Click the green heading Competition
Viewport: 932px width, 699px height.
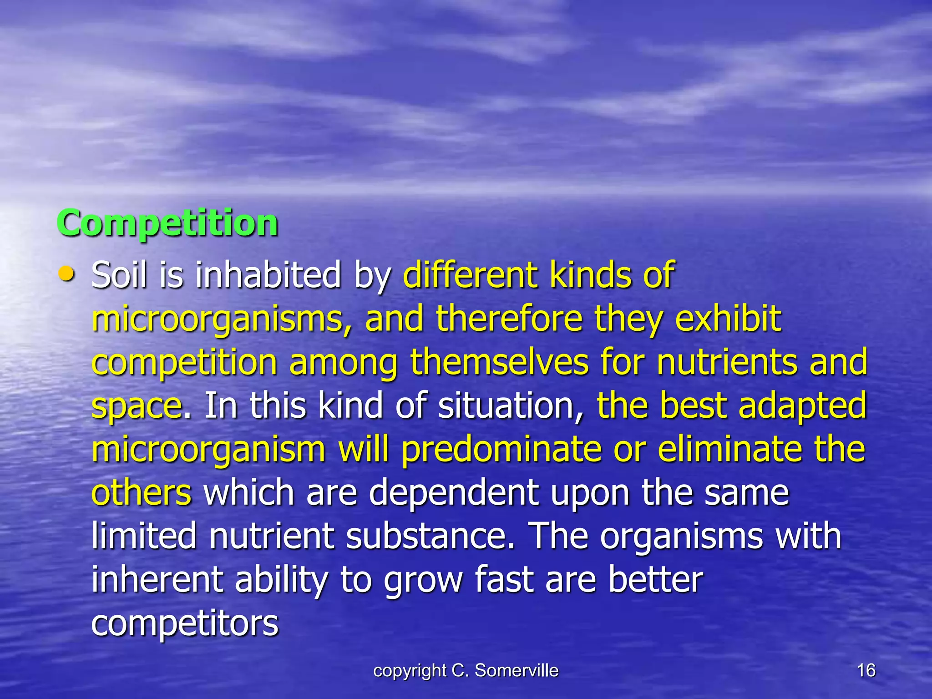[x=167, y=223]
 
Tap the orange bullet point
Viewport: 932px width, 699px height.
[x=66, y=274]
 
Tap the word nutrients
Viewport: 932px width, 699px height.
[x=727, y=362]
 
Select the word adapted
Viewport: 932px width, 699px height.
[x=802, y=405]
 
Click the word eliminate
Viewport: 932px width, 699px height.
[x=729, y=449]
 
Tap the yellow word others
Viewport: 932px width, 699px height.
[x=142, y=493]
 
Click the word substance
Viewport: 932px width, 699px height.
[x=430, y=536]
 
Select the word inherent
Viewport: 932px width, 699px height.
[x=157, y=580]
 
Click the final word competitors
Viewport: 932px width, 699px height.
[x=185, y=623]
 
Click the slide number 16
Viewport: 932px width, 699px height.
[x=866, y=670]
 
